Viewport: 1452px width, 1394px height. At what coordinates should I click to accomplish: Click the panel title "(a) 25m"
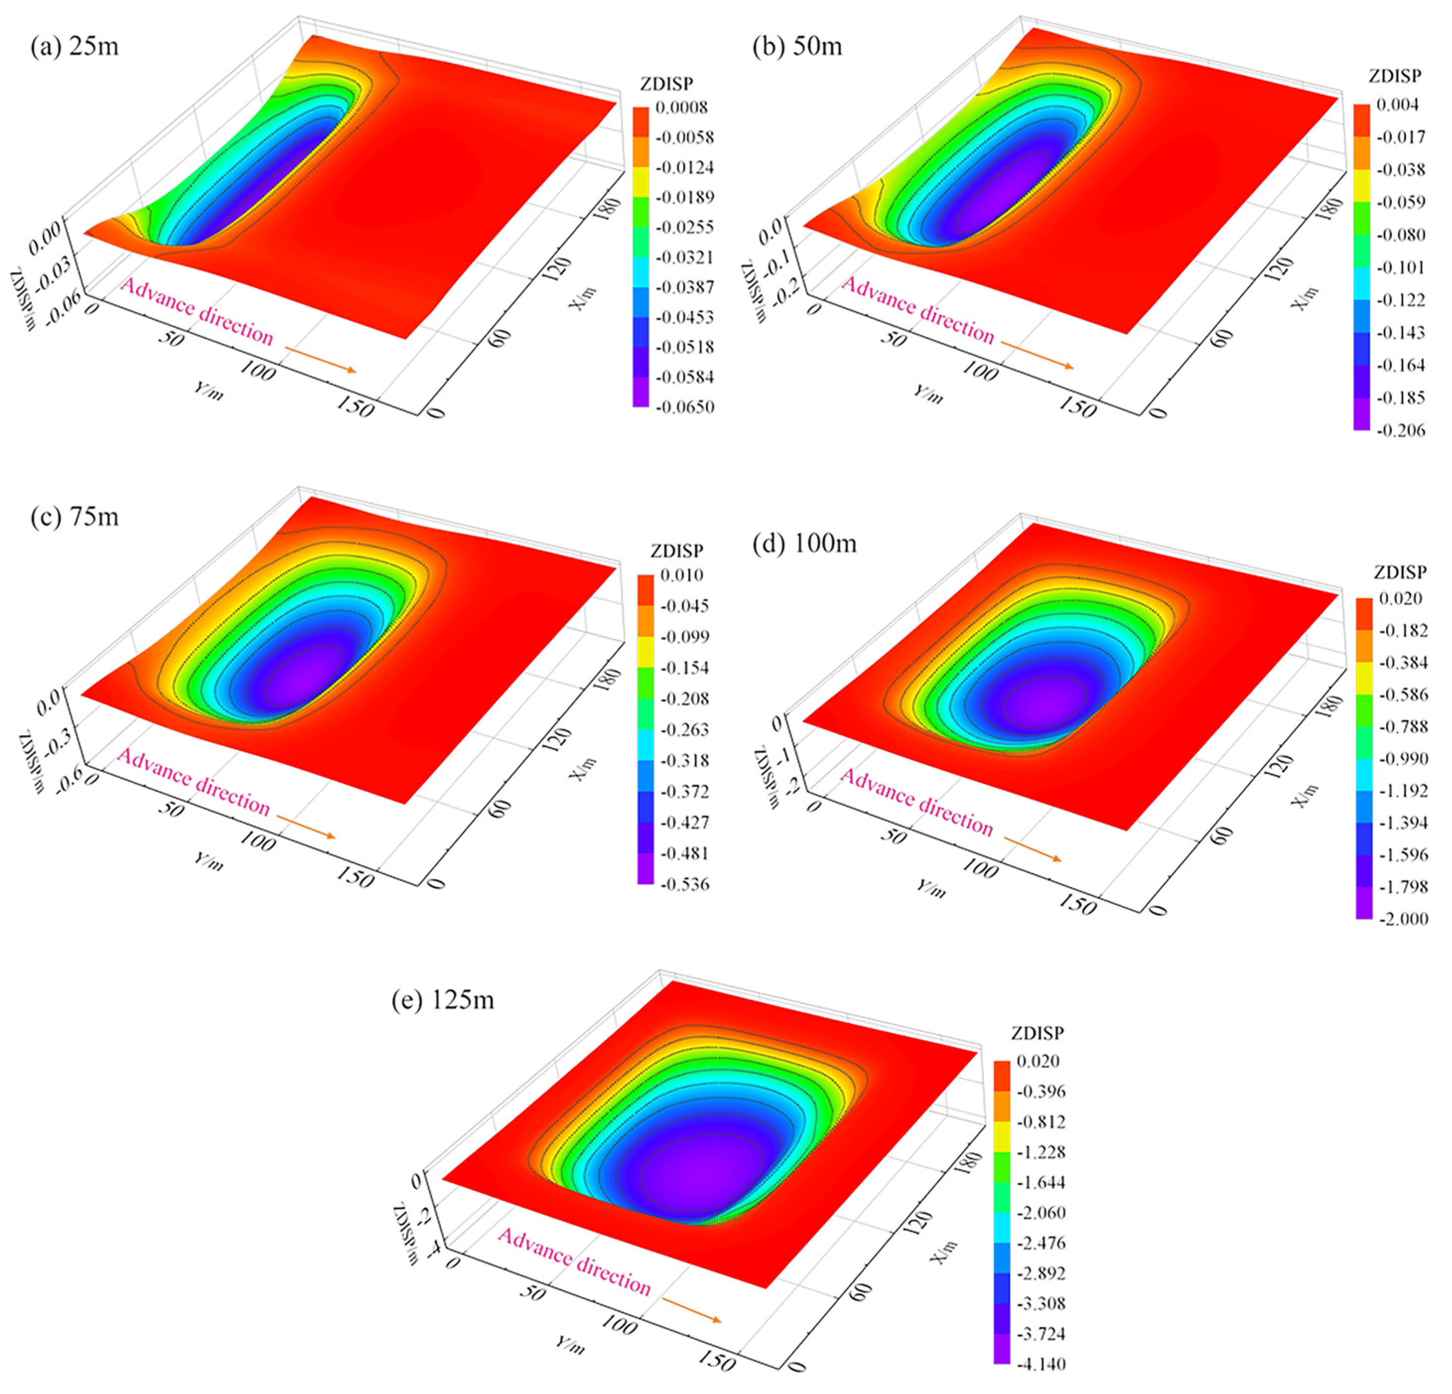tap(74, 46)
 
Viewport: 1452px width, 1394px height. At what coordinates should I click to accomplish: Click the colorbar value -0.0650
tap(684, 407)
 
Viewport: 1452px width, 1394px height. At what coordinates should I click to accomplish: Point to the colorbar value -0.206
tap(1400, 430)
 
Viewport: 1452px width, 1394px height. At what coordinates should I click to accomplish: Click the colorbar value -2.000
tap(1402, 919)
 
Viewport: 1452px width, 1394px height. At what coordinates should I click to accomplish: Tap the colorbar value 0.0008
tap(680, 107)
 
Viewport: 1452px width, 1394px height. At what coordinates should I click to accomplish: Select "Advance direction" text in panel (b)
tap(917, 310)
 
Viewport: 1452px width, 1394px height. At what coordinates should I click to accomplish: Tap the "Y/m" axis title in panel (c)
tap(208, 860)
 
